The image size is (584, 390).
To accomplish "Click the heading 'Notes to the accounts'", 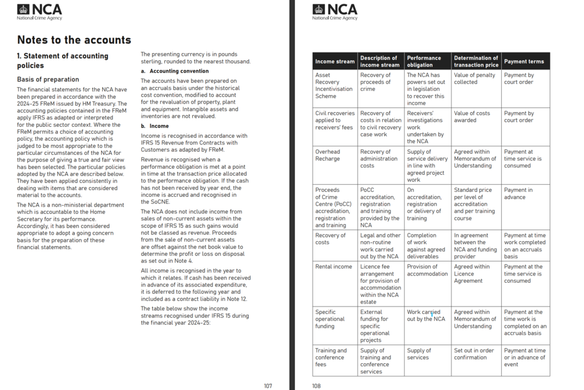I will pos(74,40).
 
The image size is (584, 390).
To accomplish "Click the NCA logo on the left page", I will pos(40,12).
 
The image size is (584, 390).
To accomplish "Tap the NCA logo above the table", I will pos(335,12).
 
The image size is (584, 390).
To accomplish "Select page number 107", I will pos(268,385).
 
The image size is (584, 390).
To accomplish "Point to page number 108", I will pos(316,385).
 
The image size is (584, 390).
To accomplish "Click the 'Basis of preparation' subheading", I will pos(48,79).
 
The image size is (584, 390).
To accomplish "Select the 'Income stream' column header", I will pos(335,62).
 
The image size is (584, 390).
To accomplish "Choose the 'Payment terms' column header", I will pos(524,62).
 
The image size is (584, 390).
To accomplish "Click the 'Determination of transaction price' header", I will pos(476,62).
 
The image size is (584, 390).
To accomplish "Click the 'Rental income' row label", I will pos(333,266).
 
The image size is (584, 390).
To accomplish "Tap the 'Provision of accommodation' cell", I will pos(427,270).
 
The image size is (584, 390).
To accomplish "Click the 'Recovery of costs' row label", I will pos(330,239).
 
